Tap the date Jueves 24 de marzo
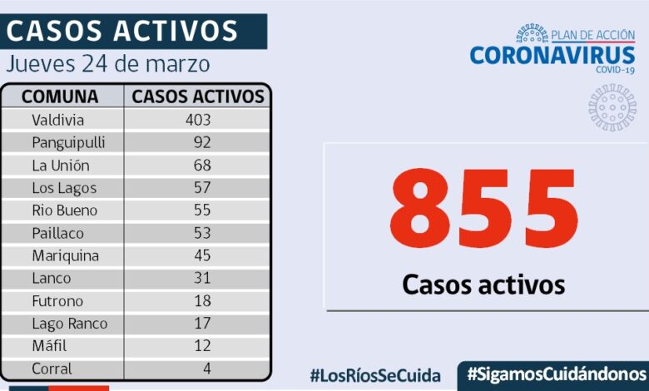108,64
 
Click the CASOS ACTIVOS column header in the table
198,97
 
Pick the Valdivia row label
57,120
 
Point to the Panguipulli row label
68,142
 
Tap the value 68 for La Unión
202,165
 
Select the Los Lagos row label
64,188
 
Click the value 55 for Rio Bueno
202,210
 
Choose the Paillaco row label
57,233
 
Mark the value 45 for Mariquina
202,255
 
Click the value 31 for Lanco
202,278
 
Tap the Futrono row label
57,301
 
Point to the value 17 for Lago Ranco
202,324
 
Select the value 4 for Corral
206,369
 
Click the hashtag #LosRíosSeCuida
375,375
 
